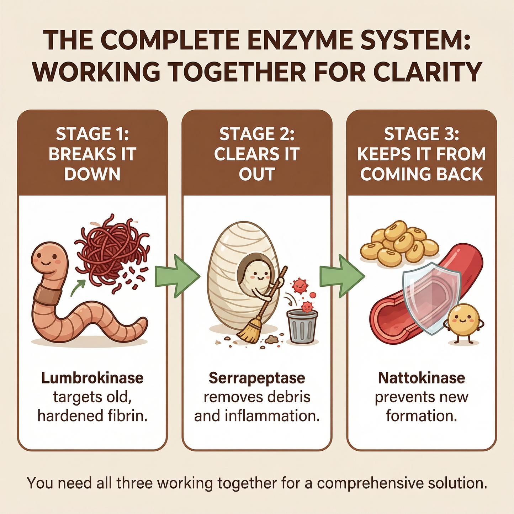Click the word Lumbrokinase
pos(92,378)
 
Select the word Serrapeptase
pos(257,378)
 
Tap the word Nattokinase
pos(422,378)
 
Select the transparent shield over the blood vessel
pos(431,297)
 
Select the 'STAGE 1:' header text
pos(92,134)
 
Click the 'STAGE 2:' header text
pos(257,134)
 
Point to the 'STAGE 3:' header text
pos(422,134)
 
